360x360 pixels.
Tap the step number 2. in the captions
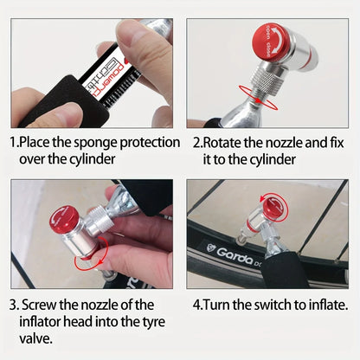[x=198, y=141]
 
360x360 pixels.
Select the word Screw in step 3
[x=44, y=304]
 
